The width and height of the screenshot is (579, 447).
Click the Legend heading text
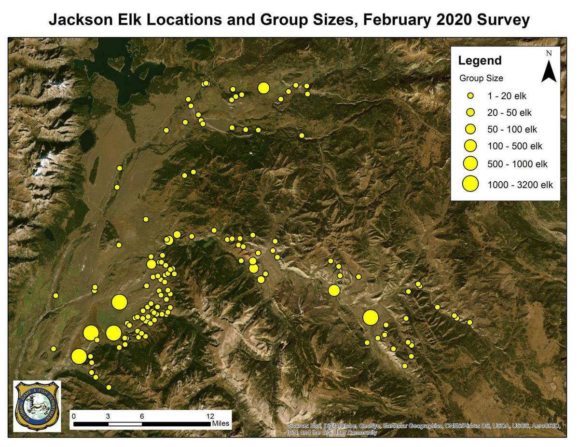(480, 61)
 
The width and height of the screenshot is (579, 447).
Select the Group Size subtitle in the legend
(481, 78)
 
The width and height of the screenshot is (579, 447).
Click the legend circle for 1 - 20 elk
(470, 95)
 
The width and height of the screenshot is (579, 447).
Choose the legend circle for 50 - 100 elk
(470, 129)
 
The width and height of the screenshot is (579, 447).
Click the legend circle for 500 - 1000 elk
(470, 164)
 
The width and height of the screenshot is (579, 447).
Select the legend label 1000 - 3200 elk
(520, 184)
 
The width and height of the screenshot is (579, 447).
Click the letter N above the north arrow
(549, 54)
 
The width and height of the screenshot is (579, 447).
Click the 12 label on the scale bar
(210, 416)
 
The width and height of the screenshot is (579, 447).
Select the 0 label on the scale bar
(73, 416)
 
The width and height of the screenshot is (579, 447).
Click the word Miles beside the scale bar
(221, 424)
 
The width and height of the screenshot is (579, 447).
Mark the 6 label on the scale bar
(142, 416)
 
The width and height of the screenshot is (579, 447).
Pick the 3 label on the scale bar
(108, 416)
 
